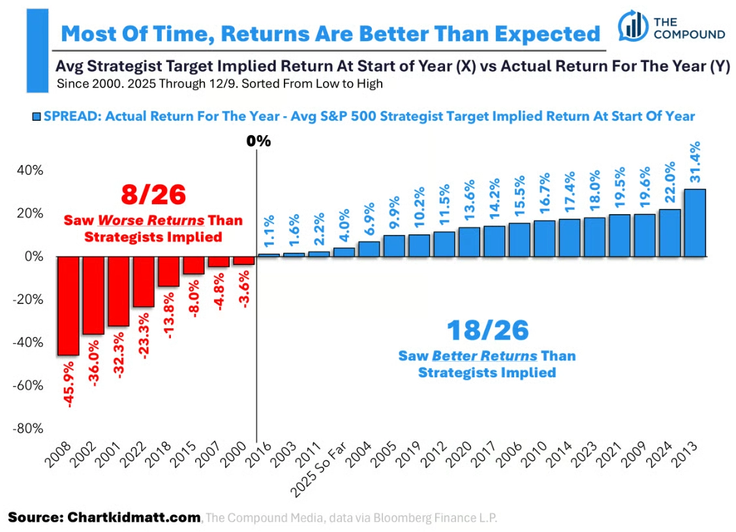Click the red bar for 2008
click(x=68, y=305)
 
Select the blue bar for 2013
click(x=695, y=223)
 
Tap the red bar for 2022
click(x=143, y=282)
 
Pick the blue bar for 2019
click(x=419, y=245)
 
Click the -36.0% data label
click(x=93, y=363)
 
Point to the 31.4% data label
click(x=695, y=162)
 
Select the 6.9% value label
click(x=369, y=219)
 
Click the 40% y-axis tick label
click(x=30, y=170)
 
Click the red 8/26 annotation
click(x=153, y=195)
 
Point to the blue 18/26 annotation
click(x=487, y=330)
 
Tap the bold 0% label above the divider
click(x=258, y=141)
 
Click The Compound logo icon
click(x=633, y=25)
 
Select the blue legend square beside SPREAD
click(x=36, y=116)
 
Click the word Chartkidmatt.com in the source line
click(x=134, y=518)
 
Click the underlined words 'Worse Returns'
click(x=151, y=220)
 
